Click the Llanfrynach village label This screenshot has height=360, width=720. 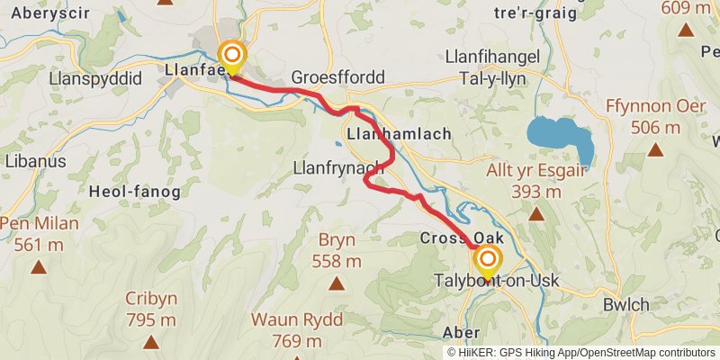click(x=338, y=167)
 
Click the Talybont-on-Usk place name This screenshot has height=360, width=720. click(x=496, y=281)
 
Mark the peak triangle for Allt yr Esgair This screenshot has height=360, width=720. click(x=535, y=214)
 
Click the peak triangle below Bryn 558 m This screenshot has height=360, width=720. click(x=337, y=284)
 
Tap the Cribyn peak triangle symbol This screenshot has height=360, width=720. click(x=151, y=340)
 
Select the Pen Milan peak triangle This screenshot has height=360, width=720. click(x=39, y=266)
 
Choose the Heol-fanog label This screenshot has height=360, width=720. click(x=135, y=191)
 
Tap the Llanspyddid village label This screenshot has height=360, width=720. click(x=97, y=78)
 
